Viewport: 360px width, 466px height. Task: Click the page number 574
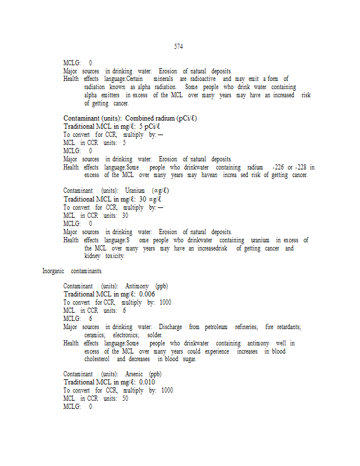click(x=178, y=46)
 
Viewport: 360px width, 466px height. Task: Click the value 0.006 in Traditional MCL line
click(x=147, y=294)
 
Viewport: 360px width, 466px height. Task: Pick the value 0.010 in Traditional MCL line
click(x=147, y=382)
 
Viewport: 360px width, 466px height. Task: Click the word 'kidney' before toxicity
click(x=93, y=256)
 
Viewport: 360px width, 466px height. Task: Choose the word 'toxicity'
click(x=114, y=256)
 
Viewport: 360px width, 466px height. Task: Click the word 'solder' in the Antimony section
click(x=155, y=335)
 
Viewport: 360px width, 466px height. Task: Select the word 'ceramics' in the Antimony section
click(x=95, y=335)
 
